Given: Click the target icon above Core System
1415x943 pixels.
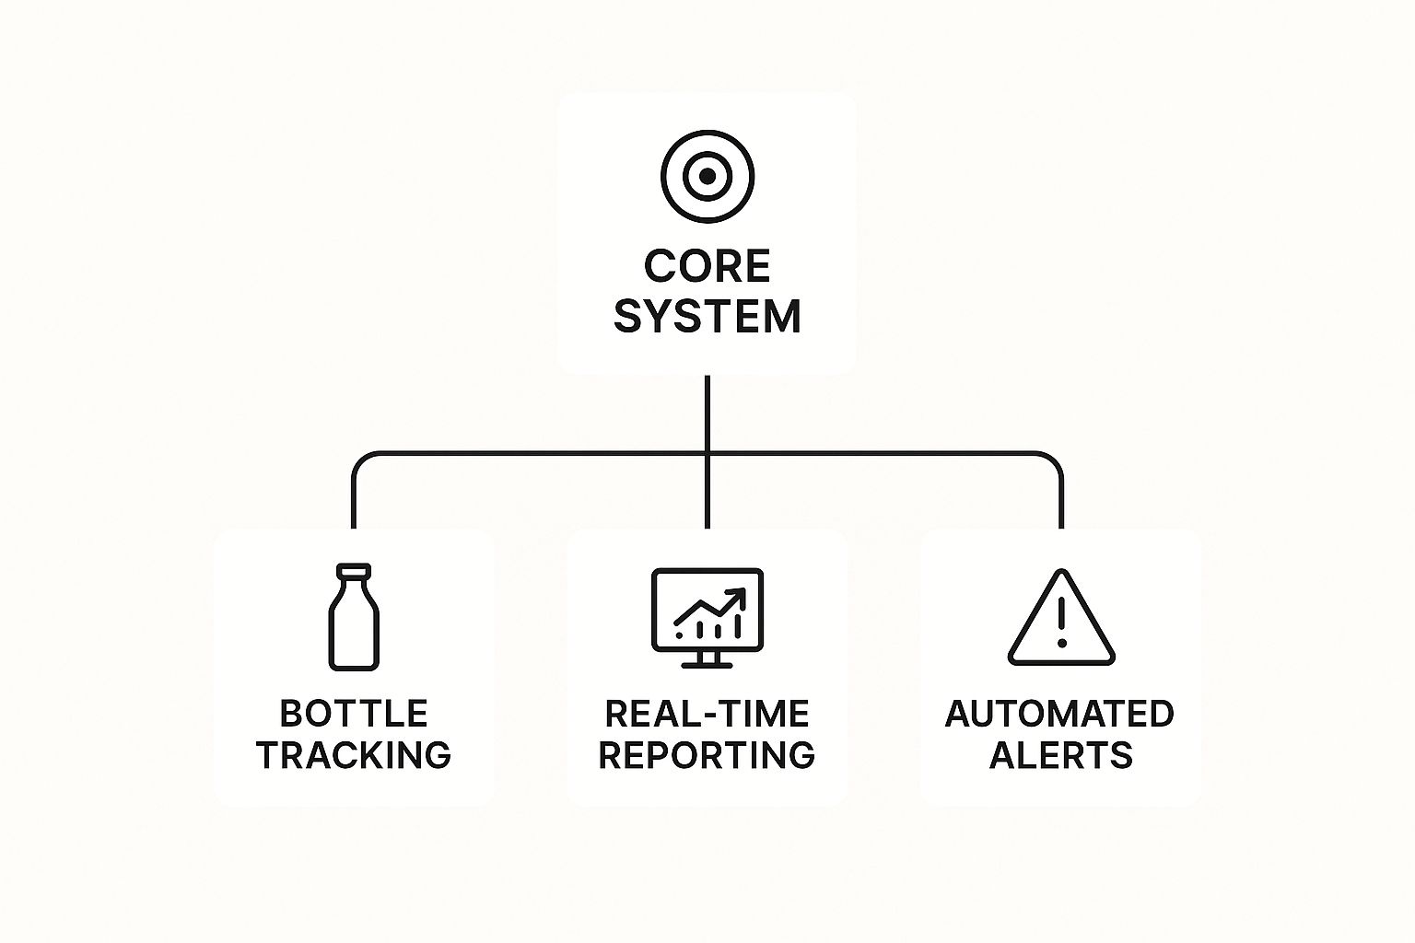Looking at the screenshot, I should click(x=707, y=177).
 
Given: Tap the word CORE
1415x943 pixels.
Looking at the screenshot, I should click(x=707, y=267).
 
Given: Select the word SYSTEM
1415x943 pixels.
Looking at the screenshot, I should click(x=707, y=317).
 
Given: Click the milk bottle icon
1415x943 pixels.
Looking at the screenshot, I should click(x=353, y=617).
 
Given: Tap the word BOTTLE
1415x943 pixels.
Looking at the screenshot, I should click(x=354, y=714).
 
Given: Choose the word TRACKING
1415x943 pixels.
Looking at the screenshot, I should click(x=354, y=755).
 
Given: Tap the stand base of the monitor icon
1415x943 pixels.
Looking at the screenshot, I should click(x=707, y=664).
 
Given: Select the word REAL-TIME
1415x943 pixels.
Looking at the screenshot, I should click(x=707, y=714).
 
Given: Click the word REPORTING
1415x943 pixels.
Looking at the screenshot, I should click(x=707, y=755).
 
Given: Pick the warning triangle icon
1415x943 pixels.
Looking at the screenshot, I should click(x=1061, y=619).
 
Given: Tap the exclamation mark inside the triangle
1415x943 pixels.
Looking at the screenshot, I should click(x=1061, y=622).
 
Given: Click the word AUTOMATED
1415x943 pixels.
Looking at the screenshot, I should click(x=1059, y=714).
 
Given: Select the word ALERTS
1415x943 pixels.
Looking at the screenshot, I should click(x=1061, y=755).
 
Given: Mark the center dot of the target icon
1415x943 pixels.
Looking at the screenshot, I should click(x=707, y=177).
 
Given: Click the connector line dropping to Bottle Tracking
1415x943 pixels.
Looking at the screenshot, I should click(x=353, y=497).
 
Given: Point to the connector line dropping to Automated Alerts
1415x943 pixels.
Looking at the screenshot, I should click(x=1061, y=497).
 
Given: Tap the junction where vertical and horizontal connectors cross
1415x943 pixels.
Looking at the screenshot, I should click(x=707, y=453).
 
